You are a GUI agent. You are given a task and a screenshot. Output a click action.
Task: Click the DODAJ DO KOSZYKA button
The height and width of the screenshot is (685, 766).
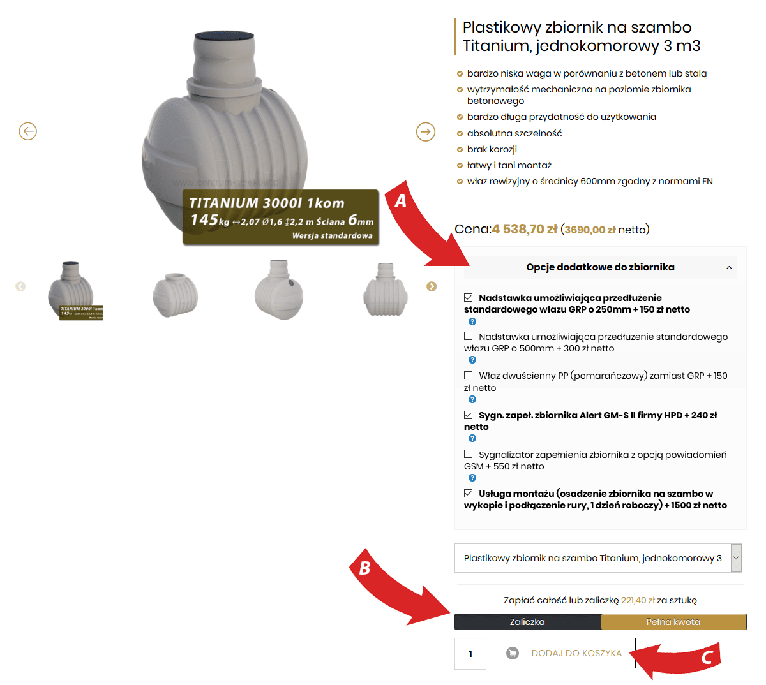point(564,653)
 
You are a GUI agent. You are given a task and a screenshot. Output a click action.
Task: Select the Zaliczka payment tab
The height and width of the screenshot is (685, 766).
point(527,622)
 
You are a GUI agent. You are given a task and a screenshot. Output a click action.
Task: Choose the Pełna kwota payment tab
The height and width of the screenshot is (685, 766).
point(673,622)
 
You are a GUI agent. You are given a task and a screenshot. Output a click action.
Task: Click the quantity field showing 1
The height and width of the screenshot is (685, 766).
point(470,654)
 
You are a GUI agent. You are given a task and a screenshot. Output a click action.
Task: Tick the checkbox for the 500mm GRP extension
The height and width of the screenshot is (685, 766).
point(468,336)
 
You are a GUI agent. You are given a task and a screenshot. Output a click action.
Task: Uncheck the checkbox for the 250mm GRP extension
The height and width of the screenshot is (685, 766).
point(468,298)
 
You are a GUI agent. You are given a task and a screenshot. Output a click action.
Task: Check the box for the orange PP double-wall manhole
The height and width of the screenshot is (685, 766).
point(468,375)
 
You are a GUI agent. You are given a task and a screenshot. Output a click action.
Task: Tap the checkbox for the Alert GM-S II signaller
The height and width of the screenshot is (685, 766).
point(468,415)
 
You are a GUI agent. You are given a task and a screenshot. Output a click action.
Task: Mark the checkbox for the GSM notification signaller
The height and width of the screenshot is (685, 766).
point(468,453)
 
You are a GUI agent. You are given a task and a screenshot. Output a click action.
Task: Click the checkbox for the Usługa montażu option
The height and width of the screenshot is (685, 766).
point(468,493)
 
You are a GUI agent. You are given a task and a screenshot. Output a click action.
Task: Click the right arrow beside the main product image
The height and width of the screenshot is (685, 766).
point(425,131)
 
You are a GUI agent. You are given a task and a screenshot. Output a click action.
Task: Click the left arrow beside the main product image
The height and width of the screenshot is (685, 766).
point(27,131)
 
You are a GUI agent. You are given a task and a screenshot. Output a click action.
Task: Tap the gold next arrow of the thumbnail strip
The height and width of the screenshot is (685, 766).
point(432,286)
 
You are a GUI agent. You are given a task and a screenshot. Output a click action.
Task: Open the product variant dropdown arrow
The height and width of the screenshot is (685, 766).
point(736,558)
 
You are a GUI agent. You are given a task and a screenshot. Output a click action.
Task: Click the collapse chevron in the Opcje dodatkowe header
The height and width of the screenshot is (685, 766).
point(729,267)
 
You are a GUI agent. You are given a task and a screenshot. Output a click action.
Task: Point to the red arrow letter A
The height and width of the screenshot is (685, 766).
point(400,201)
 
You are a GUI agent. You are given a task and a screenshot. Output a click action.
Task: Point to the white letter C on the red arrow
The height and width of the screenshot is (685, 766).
point(707,658)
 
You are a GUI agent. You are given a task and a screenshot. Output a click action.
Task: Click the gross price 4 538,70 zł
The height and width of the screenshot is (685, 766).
point(525,229)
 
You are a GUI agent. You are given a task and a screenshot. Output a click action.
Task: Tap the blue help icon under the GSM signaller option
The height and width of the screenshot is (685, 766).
point(472,478)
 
